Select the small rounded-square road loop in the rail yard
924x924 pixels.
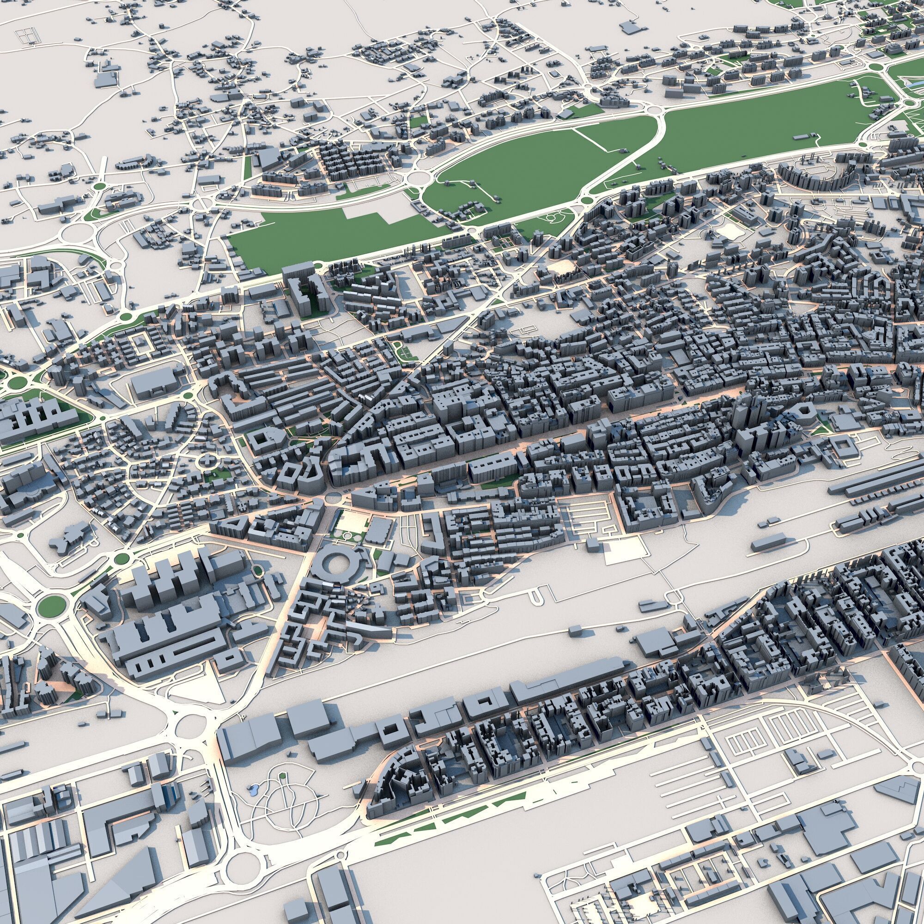click(x=676, y=597)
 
